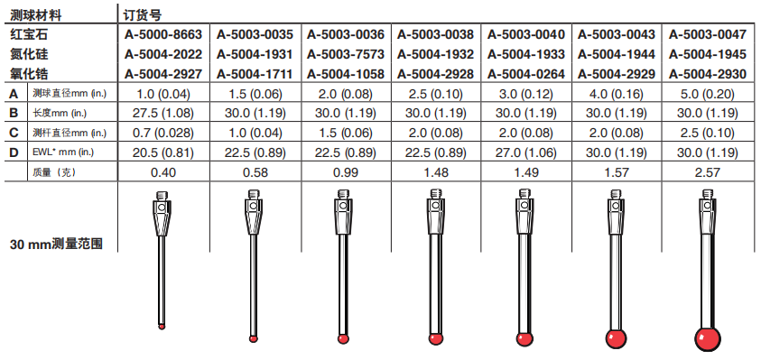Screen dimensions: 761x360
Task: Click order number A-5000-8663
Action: coord(163,34)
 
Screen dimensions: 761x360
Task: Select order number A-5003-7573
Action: coord(345,54)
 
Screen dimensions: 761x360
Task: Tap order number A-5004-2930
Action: coord(707,74)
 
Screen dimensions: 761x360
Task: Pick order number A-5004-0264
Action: coord(526,74)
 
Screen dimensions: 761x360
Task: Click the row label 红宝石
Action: coord(29,34)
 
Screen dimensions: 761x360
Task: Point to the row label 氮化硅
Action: coord(29,54)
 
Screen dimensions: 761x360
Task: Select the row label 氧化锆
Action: coord(29,74)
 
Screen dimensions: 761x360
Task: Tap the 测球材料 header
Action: coord(35,15)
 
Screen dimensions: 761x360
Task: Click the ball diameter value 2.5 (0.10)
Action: coord(435,94)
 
